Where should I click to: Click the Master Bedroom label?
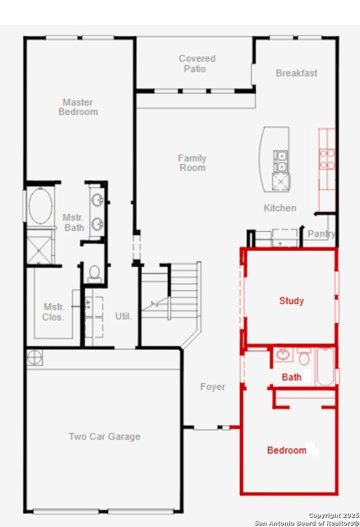click(x=78, y=107)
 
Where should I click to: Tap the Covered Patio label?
click(x=197, y=63)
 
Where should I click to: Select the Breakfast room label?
click(x=296, y=73)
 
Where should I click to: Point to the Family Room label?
click(x=192, y=162)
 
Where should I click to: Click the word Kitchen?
click(x=280, y=208)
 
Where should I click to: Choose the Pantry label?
click(x=321, y=234)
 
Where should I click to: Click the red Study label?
click(x=291, y=301)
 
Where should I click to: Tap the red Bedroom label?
click(x=287, y=450)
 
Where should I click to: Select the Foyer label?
click(x=212, y=386)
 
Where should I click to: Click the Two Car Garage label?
click(x=104, y=436)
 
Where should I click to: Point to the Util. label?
click(x=123, y=316)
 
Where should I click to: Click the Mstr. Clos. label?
click(x=53, y=312)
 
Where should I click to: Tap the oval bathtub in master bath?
click(x=40, y=206)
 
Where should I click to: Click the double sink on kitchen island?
click(x=280, y=162)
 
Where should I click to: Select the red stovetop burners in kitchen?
click(x=327, y=159)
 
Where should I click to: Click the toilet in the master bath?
click(x=95, y=273)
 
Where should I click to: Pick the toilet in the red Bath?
click(x=304, y=357)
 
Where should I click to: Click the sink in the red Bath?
click(x=283, y=354)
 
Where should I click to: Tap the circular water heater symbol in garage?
click(x=35, y=357)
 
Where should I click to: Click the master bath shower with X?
click(x=40, y=250)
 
